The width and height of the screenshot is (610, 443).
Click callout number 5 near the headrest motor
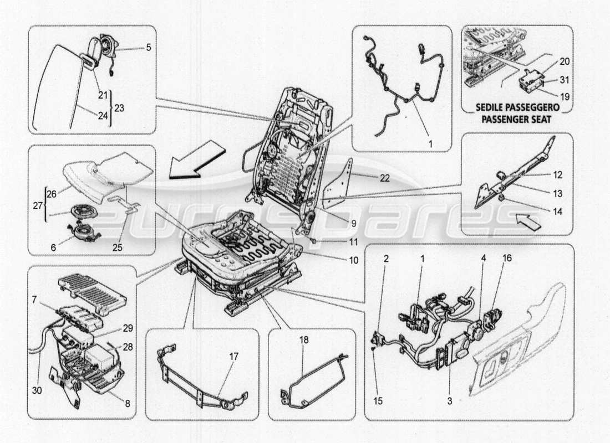(x=149, y=48)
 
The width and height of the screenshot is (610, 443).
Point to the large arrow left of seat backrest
(x=197, y=161)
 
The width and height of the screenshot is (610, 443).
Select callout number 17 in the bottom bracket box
(x=233, y=357)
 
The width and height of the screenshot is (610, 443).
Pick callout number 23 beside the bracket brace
(x=118, y=109)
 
